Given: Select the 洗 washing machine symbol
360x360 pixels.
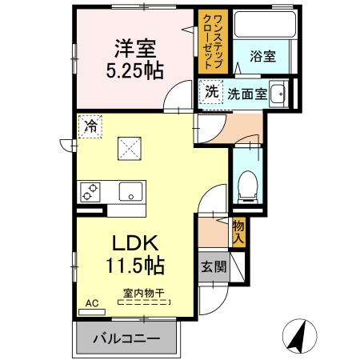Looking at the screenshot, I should tap(210, 92).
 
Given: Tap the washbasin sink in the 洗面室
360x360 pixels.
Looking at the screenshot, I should tap(278, 94).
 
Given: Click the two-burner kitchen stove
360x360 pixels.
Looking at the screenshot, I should tap(89, 191).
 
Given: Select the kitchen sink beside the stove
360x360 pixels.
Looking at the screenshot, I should tap(129, 191).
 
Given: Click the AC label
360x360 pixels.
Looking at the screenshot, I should tap(90, 304).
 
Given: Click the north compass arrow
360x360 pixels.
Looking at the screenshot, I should tap(297, 334).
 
